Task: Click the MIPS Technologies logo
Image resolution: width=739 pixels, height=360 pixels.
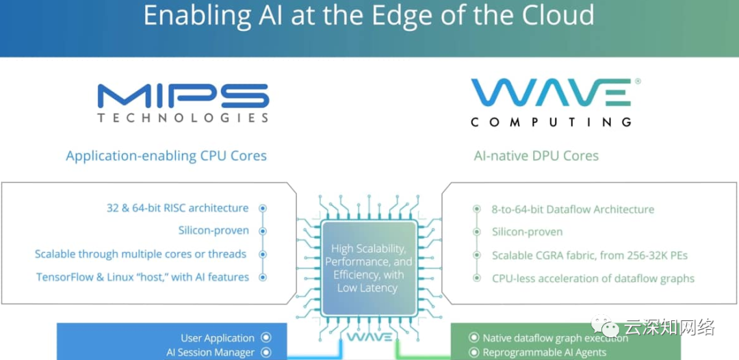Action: [183, 103]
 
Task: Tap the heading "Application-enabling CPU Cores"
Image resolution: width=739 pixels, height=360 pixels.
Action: [166, 156]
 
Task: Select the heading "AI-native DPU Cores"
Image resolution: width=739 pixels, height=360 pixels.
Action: [536, 156]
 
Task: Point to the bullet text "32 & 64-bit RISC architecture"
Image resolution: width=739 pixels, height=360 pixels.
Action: [177, 208]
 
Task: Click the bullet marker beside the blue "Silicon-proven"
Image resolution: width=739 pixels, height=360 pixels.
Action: [263, 231]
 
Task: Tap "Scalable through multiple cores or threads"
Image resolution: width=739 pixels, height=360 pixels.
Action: [140, 254]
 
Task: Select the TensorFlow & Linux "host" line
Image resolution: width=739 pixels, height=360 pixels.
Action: [142, 277]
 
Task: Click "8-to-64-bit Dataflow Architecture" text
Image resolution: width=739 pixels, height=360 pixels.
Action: [573, 209]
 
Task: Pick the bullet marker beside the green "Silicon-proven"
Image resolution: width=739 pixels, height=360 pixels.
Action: [477, 232]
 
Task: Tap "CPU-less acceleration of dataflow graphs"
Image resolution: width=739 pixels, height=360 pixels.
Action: [593, 279]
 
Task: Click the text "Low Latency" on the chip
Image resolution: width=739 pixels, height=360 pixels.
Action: [367, 288]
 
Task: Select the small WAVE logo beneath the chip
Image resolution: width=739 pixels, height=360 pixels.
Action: [369, 337]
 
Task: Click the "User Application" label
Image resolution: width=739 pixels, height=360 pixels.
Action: [218, 338]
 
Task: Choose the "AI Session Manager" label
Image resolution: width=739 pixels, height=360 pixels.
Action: [210, 352]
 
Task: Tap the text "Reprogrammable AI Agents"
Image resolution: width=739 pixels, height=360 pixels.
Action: [545, 352]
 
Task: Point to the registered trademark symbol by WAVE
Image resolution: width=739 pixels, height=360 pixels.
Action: [638, 81]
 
